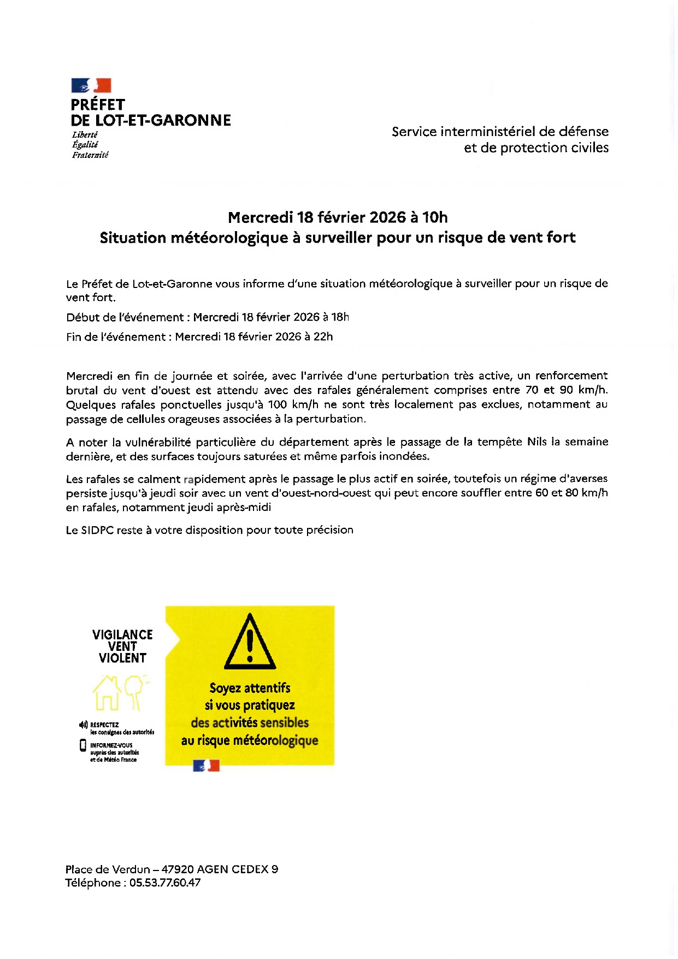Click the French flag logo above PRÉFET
pos(91,85)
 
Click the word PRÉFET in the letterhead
pos(98,105)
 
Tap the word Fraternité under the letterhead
pos(90,155)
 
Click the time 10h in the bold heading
pos(435,217)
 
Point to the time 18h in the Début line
pos(340,317)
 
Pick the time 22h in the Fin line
pos(323,337)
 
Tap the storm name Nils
pos(537,442)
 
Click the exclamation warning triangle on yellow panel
pos(250,643)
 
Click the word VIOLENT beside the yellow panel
pos(122,658)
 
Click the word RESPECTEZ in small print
pos(104,725)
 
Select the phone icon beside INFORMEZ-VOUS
pos(83,745)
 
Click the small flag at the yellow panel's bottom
pos(207,766)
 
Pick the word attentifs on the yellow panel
pos(268,688)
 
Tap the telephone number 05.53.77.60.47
pos(165,883)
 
